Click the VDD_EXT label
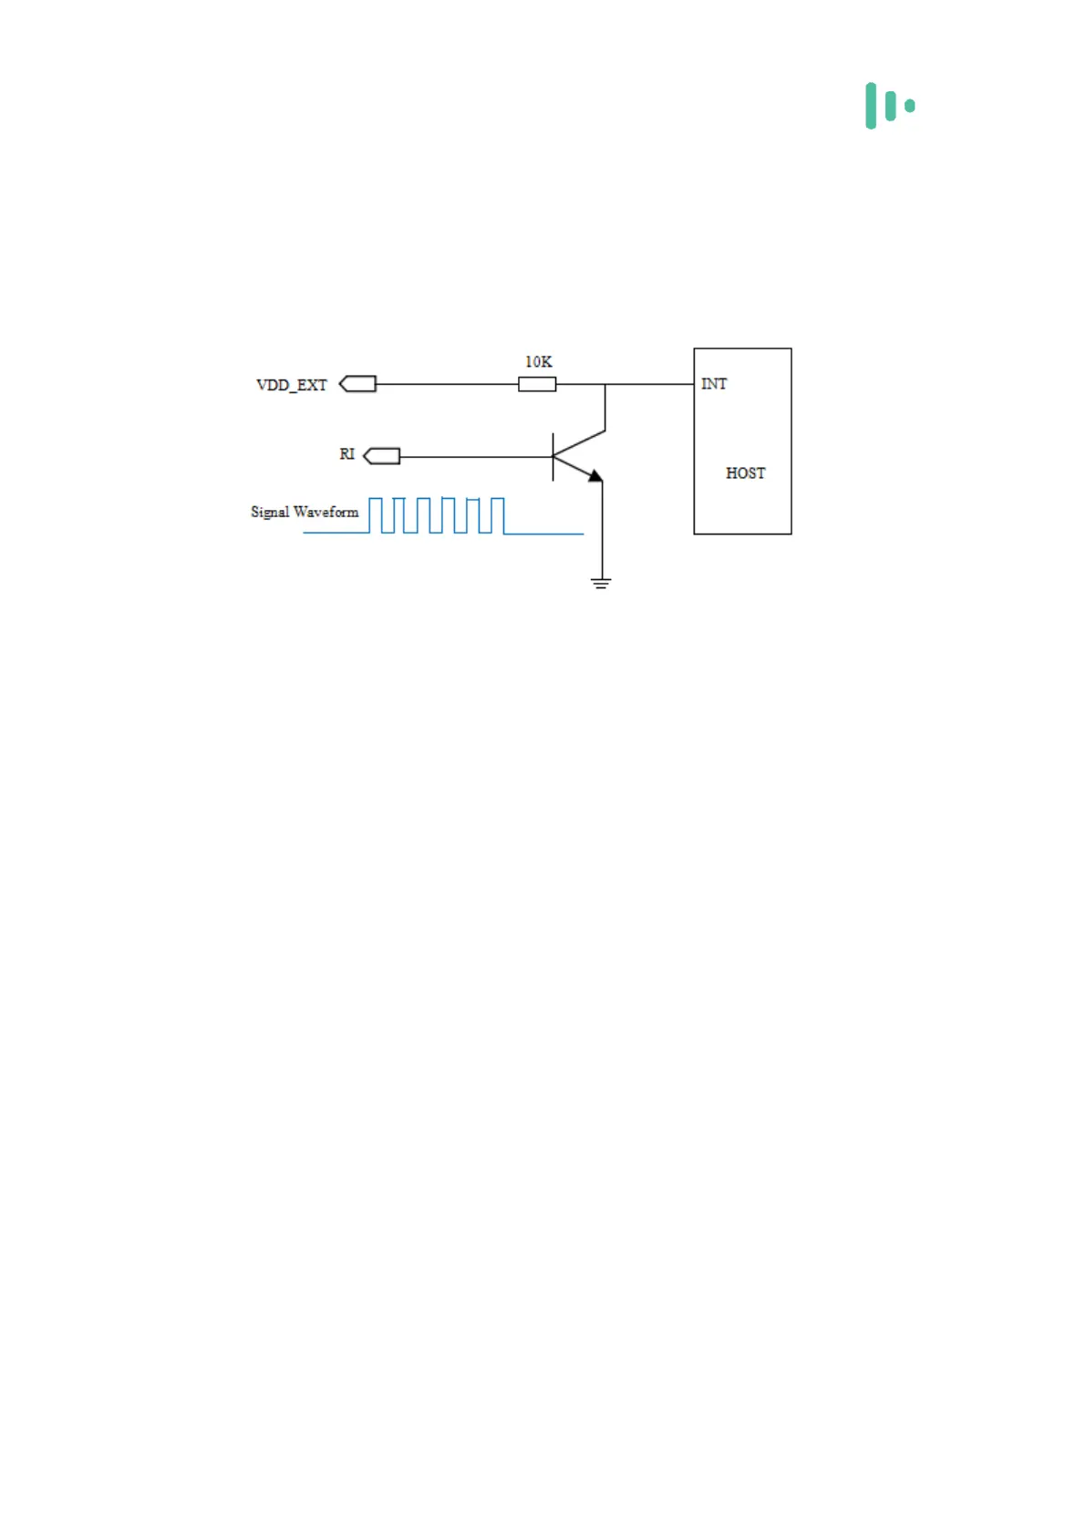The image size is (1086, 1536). coord(291,385)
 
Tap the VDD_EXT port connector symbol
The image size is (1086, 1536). coord(358,384)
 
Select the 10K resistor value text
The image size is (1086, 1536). coord(538,362)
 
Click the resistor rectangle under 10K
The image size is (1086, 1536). coord(537,385)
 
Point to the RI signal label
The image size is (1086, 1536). coord(346,454)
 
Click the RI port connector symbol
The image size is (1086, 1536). coord(382,456)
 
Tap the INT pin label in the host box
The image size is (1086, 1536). coord(714,384)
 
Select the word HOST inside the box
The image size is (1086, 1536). coord(745,473)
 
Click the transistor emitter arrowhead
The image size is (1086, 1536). coord(595,475)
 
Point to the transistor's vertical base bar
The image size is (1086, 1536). coord(553,457)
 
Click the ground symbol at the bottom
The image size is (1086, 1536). coord(601,583)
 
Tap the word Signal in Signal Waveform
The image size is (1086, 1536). coord(270,513)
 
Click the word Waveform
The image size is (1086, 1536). coord(326,513)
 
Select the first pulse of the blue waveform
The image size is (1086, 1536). coord(375,515)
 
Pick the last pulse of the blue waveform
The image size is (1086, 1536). coord(497,515)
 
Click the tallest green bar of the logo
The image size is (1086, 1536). coord(871,106)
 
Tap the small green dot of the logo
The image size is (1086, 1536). coord(910,106)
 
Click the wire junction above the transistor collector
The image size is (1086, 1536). coord(605,385)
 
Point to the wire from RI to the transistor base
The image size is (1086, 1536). coord(474,457)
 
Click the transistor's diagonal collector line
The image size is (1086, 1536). coord(579,443)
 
